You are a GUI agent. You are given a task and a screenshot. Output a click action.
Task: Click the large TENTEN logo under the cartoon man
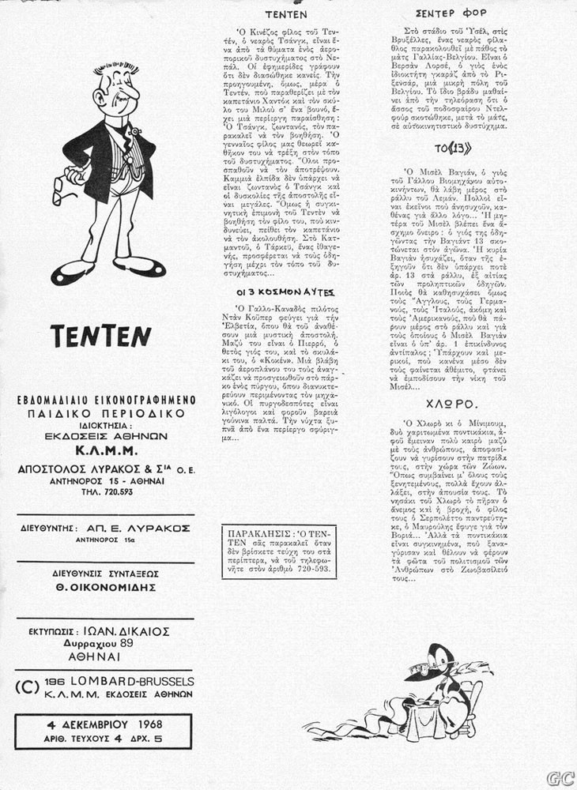pyautogui.click(x=100, y=337)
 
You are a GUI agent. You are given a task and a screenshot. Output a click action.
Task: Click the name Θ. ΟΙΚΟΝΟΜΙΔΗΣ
pyautogui.click(x=106, y=587)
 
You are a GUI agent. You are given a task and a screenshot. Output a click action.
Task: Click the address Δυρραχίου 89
pyautogui.click(x=105, y=643)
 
